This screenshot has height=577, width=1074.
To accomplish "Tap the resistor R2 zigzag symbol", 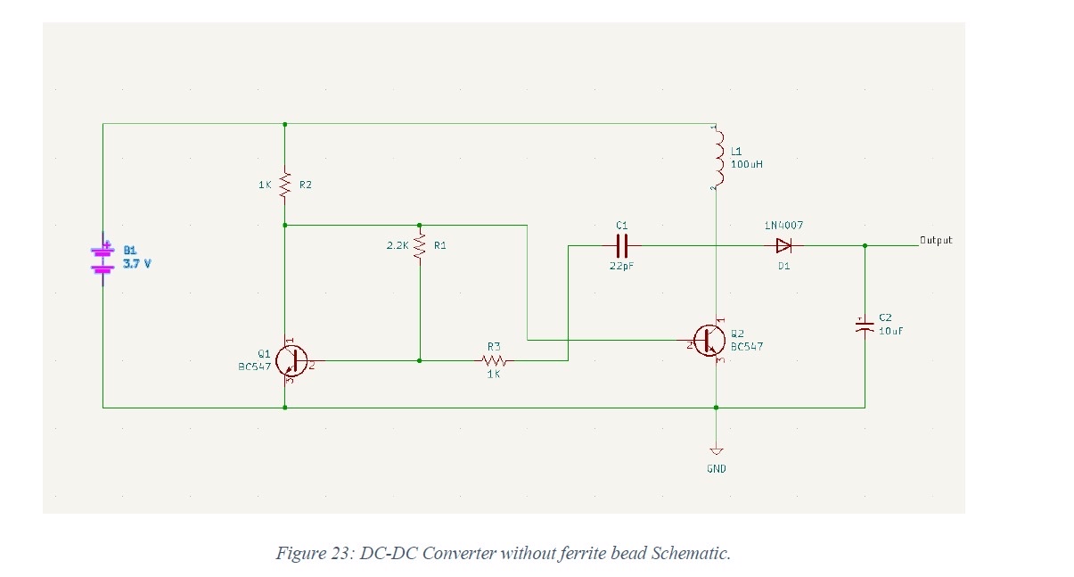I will pos(284,185).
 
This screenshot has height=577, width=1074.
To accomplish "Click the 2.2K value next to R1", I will pos(397,244).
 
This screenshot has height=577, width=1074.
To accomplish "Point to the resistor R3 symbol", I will pos(494,360).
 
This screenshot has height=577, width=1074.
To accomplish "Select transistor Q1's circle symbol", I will pos(290,360).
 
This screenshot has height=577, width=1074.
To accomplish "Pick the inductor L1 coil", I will pos(717,158).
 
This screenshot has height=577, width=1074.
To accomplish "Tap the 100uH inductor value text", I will pos(747,165).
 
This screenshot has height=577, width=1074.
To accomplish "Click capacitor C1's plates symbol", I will pos(621,244).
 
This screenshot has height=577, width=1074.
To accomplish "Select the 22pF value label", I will pos(621,266).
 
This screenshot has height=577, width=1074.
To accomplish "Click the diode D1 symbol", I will pos(783,245).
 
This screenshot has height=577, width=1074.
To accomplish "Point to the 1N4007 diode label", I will pos(784,226).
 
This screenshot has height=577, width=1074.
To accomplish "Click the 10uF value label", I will pos(891,331).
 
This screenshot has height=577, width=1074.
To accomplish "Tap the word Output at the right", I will pos(936,240).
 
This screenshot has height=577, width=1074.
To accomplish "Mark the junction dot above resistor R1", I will pos(419,226).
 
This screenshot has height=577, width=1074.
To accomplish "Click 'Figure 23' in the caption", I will pos(314,553).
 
